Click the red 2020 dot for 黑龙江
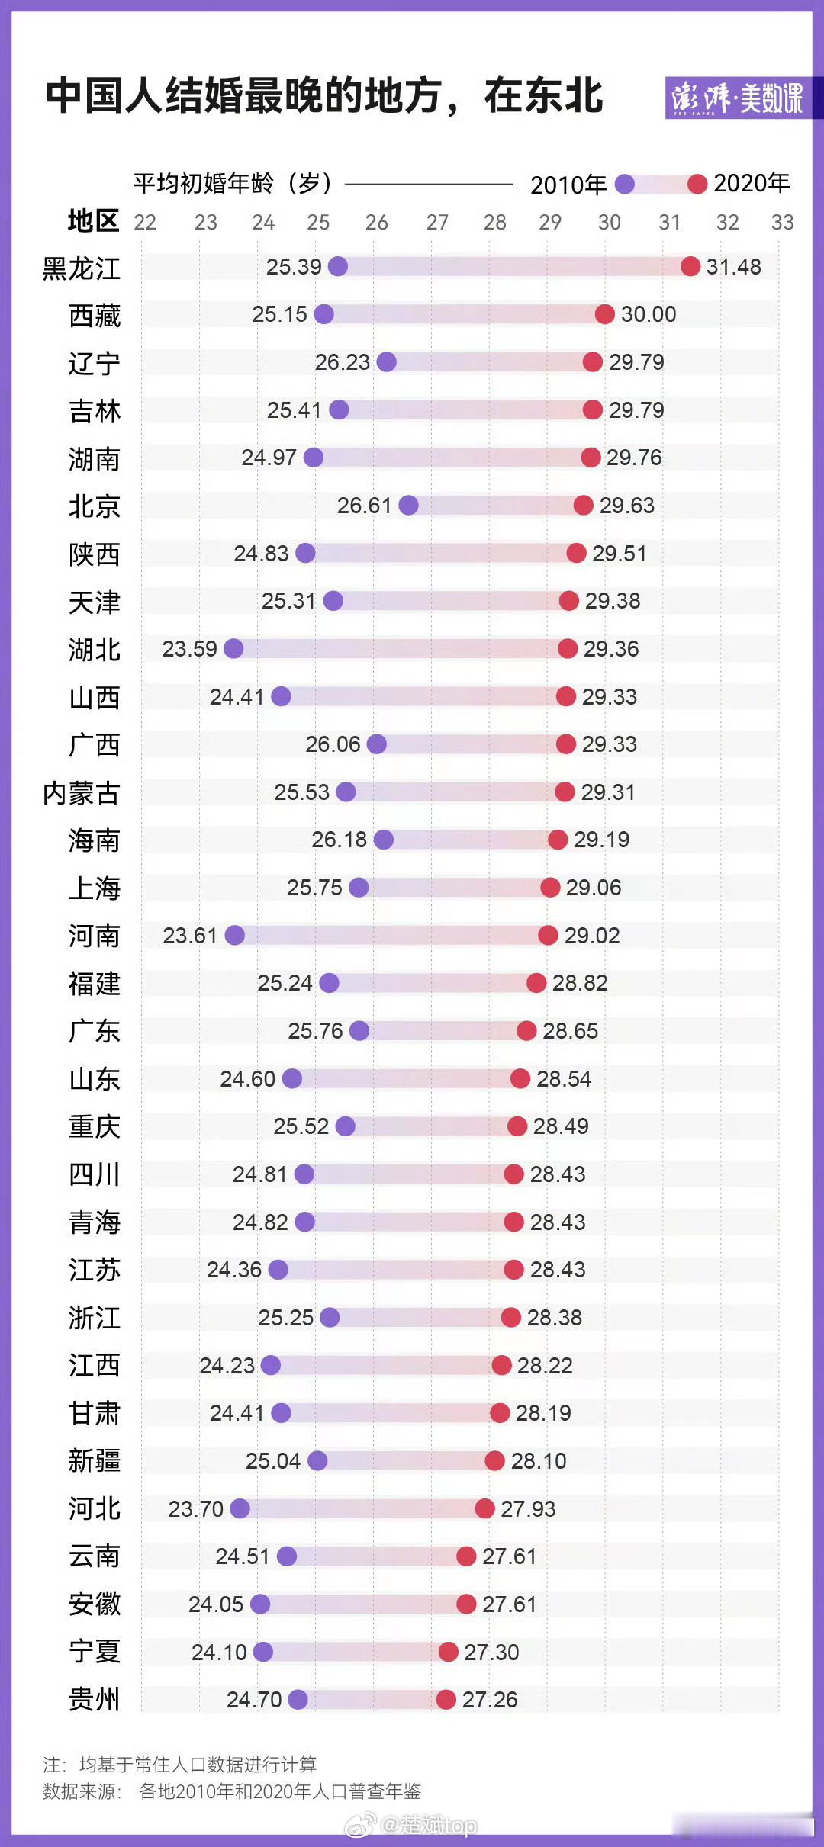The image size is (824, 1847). pos(690,266)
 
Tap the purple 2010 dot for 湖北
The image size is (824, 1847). pos(233,648)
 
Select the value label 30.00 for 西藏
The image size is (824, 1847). pos(649,314)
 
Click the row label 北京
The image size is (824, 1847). pos(94,506)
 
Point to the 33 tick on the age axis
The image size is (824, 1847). pos(782,222)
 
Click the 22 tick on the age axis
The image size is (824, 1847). pos(145,222)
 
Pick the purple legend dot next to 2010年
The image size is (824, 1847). pos(625,184)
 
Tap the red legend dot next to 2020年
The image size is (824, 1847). pos(697,184)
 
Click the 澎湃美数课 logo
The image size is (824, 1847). pos(737,98)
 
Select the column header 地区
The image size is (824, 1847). pos(93,221)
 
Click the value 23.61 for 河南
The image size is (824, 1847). pos(190,935)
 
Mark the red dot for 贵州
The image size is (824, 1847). pos(446,1699)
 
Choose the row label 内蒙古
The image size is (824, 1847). pos(81,793)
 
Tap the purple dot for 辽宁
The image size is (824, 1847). pos(387,361)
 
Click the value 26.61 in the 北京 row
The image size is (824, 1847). pos(364,506)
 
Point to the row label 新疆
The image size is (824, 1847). pos(94,1461)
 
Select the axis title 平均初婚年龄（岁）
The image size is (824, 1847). pos(233,183)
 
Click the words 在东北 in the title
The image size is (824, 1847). pos(543,96)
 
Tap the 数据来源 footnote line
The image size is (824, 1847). pos(231,1791)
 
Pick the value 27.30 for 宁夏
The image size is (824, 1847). pos(491,1652)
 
